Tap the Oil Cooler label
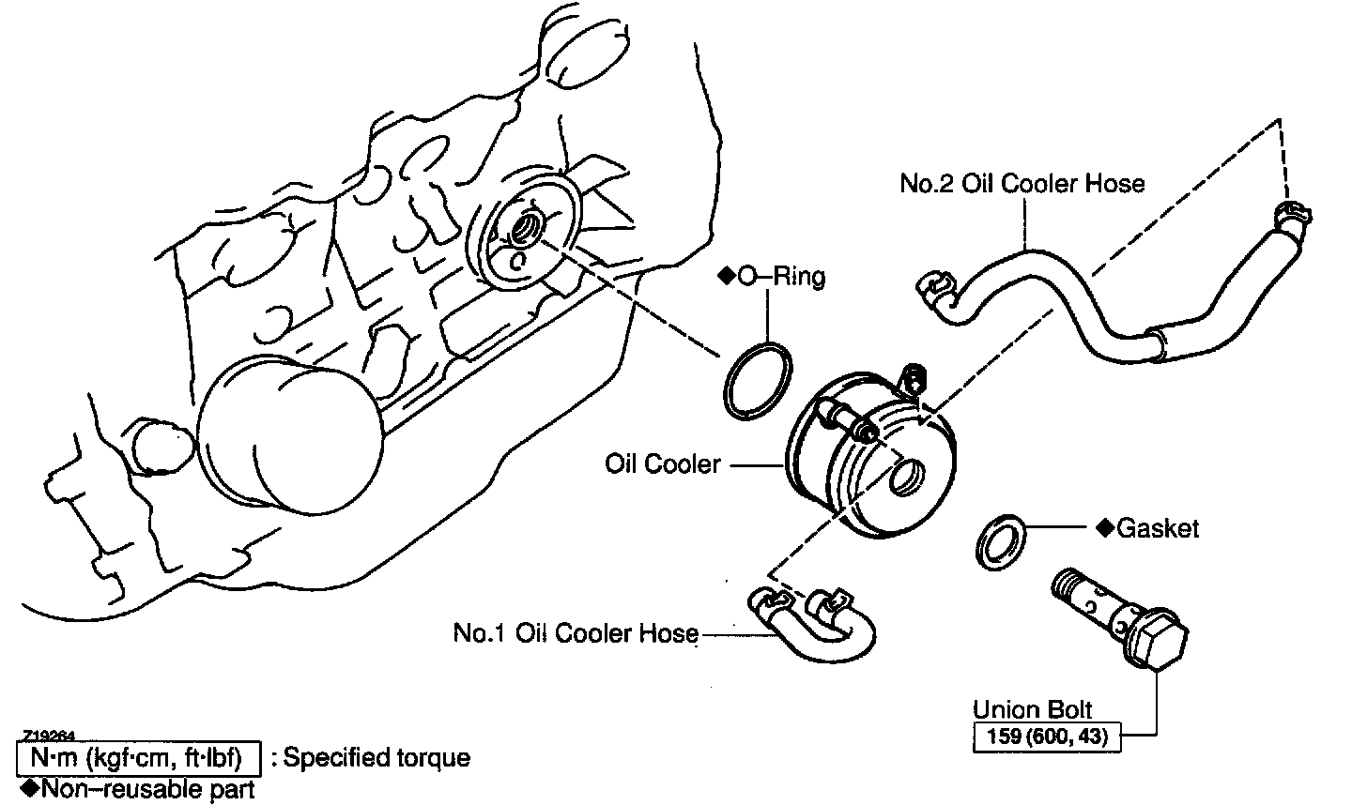pos(663,463)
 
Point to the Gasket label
pos(1158,529)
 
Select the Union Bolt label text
pos(1032,709)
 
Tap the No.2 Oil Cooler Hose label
pos(1022,183)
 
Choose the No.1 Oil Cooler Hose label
pos(576,633)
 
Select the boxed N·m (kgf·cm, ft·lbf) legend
pos(137,758)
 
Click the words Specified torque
pos(376,758)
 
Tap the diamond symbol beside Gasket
pos(1104,528)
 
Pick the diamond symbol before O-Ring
pos(725,277)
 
